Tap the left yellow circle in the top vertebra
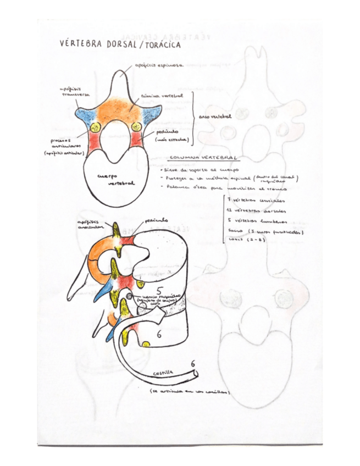[x=95, y=127]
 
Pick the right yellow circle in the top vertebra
[x=137, y=127]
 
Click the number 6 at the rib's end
[x=193, y=364]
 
